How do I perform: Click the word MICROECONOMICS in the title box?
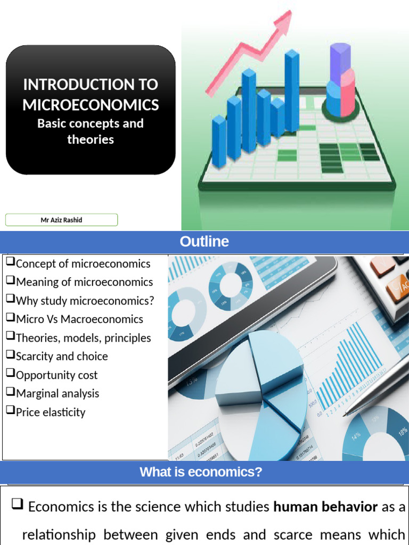(91, 104)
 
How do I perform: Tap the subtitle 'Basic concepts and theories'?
(91, 131)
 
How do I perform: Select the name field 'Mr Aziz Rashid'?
(61, 220)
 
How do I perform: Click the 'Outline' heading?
(204, 242)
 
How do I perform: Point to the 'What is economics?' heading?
(201, 472)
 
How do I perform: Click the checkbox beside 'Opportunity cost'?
(10, 374)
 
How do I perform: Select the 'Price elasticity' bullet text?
(51, 412)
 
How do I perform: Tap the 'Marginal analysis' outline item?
(58, 393)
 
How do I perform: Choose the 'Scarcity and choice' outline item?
(62, 356)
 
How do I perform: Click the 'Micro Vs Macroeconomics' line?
(79, 319)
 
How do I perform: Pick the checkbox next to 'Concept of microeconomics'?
(10, 262)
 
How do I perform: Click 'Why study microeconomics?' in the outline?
(85, 300)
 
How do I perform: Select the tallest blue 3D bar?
(292, 90)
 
